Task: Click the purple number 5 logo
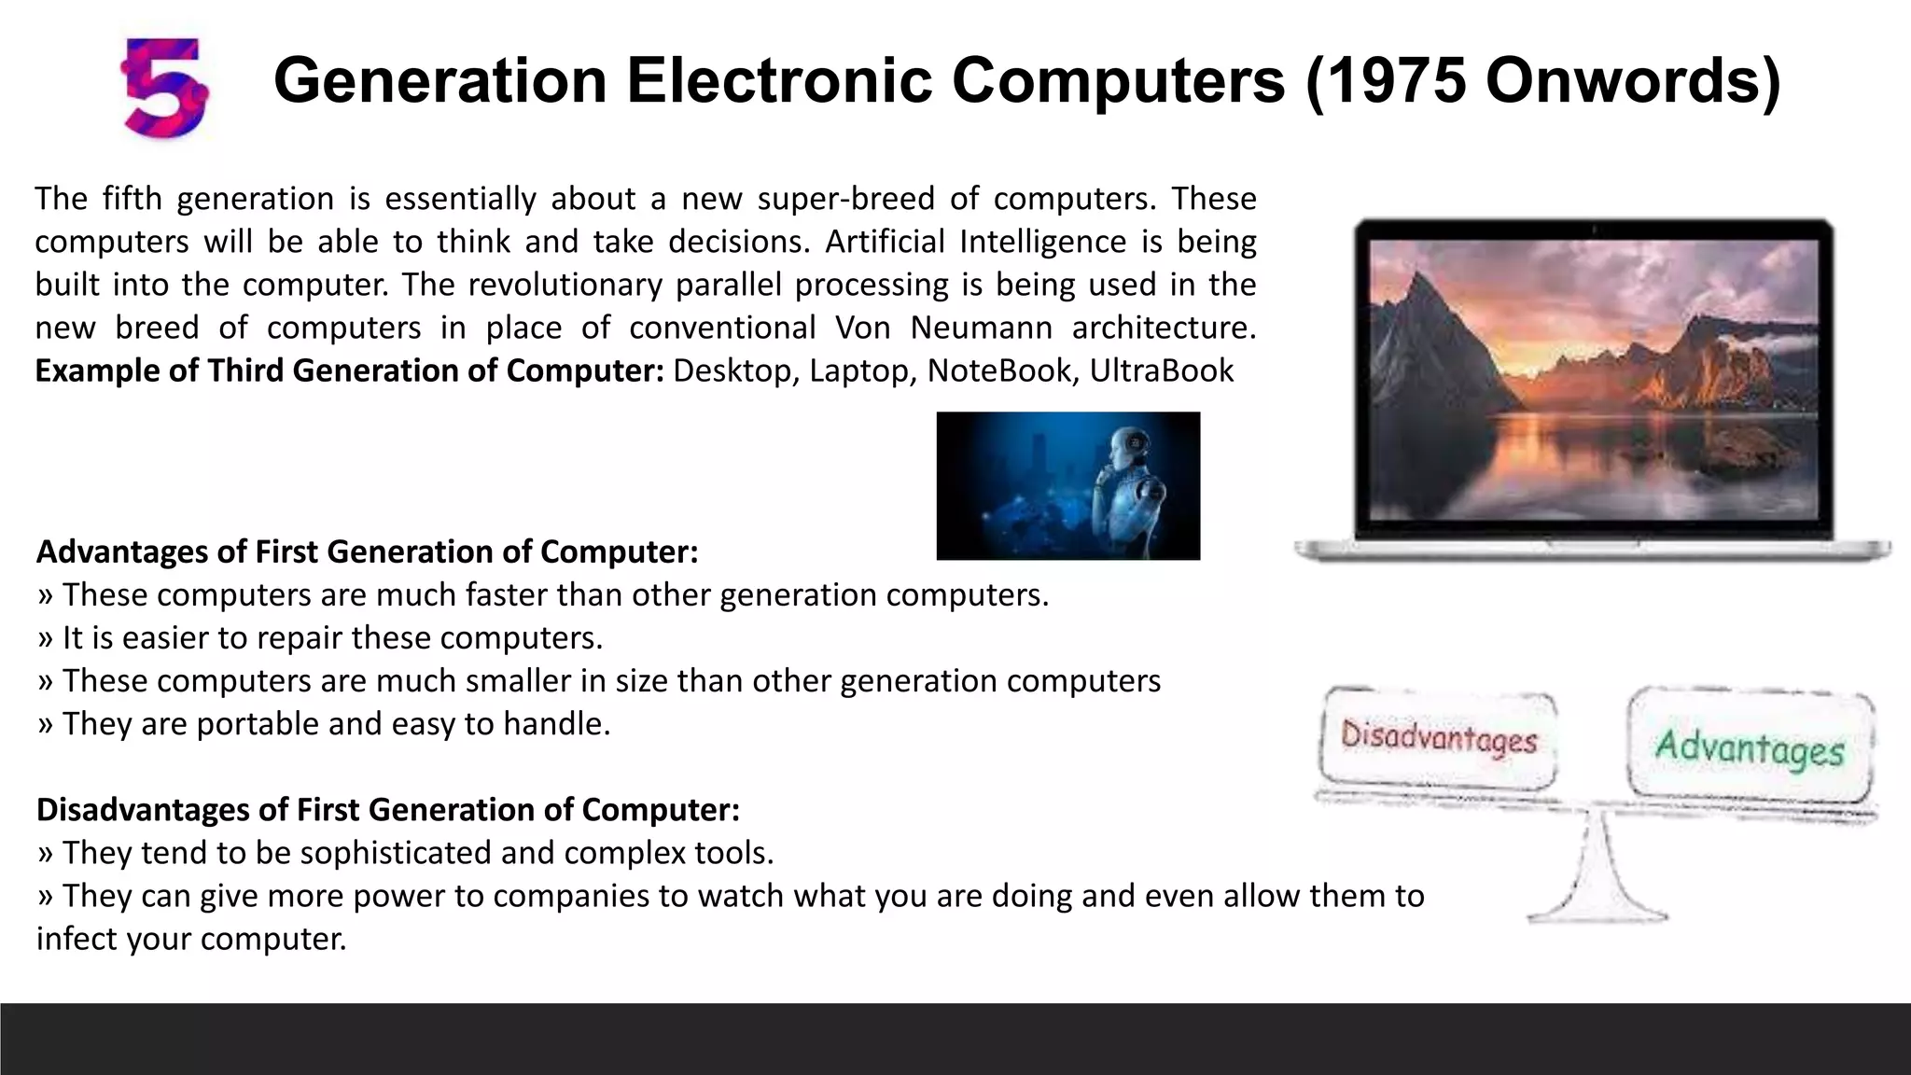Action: tap(165, 87)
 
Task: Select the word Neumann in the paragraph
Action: tap(982, 328)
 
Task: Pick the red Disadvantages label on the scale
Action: tap(1438, 740)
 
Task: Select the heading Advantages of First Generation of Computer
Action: tap(367, 551)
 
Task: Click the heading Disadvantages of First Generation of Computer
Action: tap(387, 809)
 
